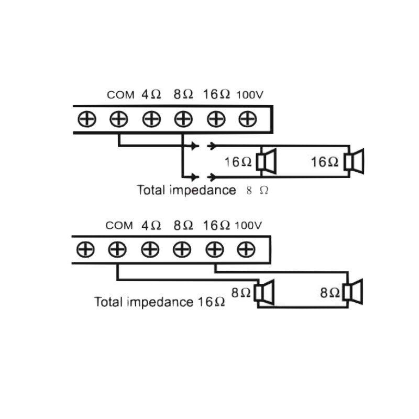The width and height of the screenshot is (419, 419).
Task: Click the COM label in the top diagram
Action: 120,95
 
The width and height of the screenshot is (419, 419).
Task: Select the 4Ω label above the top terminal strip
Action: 151,95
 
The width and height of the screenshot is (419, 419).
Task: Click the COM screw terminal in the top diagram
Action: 119,119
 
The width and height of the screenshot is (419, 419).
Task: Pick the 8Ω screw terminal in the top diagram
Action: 182,119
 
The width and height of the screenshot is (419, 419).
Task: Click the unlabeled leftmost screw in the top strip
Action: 87,119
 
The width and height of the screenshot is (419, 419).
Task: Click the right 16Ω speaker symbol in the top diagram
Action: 354,162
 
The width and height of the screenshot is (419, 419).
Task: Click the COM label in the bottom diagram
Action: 119,226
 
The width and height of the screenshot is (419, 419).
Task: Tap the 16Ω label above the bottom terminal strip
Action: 216,226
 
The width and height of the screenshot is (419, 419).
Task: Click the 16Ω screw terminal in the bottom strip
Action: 214,249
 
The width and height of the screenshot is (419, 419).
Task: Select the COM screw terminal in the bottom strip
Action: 118,249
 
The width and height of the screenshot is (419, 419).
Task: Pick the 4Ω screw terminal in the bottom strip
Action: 150,249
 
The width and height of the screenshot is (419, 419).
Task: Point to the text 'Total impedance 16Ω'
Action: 160,302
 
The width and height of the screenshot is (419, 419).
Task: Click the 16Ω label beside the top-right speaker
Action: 325,162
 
